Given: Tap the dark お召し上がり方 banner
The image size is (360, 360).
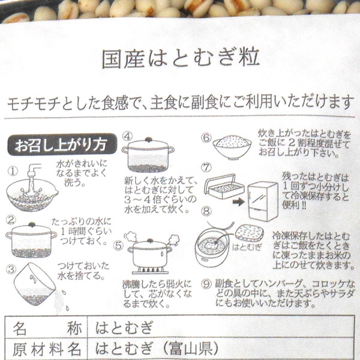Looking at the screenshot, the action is coord(62,145).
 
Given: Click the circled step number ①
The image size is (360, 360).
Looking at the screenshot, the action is coord(13,171).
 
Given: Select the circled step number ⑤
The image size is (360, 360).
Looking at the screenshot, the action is coord(118,245).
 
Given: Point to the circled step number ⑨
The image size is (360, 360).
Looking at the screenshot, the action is coord(206,284).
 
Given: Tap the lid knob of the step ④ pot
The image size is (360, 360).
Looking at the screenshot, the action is coord(149,139).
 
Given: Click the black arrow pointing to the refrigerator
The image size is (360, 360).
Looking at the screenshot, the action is coord(239,202).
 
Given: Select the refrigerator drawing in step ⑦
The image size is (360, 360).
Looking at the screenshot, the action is coord(263,202).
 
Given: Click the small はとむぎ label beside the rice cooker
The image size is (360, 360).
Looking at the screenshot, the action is coord(247,247).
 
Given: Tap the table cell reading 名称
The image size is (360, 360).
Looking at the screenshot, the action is coord(47,328).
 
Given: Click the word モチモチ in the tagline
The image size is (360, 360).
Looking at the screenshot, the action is coord(34,103).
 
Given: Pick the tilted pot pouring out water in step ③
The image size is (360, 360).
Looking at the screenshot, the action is coord(34,284).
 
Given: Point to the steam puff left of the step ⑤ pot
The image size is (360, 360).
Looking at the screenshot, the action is coord(130,237).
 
